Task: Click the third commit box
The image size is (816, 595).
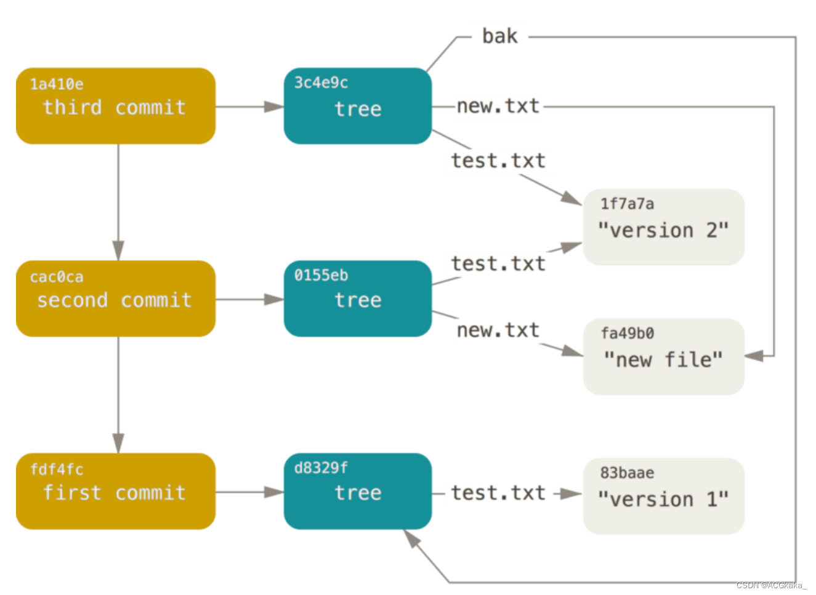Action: pos(115,106)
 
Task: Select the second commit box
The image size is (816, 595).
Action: pos(115,298)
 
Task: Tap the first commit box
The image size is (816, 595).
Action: pos(115,491)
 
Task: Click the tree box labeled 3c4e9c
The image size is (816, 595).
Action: pos(357,106)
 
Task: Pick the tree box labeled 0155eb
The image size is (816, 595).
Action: pos(357,298)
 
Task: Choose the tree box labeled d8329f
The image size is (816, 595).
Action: pos(357,491)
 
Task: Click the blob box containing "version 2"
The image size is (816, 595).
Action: pos(663,227)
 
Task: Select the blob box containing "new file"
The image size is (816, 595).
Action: pos(663,356)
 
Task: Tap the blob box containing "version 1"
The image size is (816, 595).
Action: pos(663,496)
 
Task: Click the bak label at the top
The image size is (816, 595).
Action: pos(499,36)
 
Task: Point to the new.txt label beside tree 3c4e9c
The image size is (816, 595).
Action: pos(498,106)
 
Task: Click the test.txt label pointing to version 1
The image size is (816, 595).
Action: pos(498,493)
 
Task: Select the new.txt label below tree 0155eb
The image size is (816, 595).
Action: pos(498,330)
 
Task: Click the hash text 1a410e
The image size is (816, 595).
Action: pos(57,84)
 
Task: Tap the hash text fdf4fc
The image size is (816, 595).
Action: pos(57,469)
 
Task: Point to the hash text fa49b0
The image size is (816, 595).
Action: pos(627,333)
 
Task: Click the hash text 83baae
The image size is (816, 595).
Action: pos(627,473)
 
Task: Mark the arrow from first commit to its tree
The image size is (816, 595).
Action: pos(249,492)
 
